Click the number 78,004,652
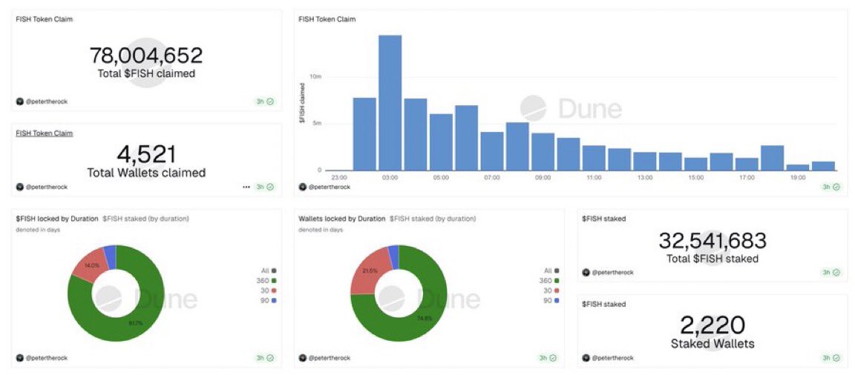click(146, 56)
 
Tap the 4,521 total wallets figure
click(146, 154)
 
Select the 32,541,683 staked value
click(712, 241)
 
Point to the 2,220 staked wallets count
click(712, 325)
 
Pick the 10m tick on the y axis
click(315, 76)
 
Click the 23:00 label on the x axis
click(339, 178)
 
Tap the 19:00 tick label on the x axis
click(798, 178)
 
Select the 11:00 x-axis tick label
click(594, 178)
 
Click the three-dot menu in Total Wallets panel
click(246, 187)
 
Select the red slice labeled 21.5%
click(370, 271)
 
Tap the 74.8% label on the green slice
click(423, 319)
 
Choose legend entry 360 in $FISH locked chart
click(267, 280)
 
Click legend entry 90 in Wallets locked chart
click(550, 301)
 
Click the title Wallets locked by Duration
click(341, 219)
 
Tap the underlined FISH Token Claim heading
click(44, 133)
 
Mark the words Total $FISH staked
click(712, 259)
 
